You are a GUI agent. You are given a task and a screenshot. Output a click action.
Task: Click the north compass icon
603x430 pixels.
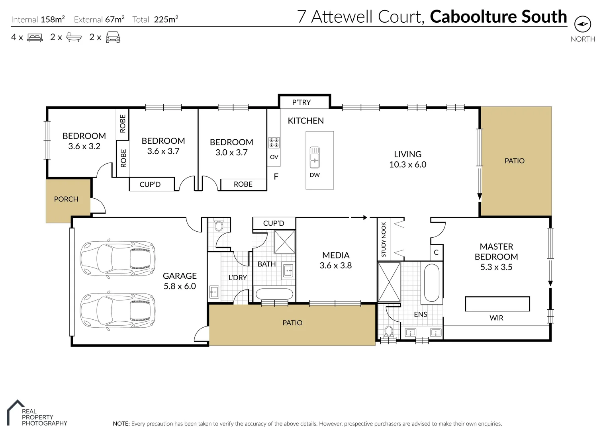click(582, 24)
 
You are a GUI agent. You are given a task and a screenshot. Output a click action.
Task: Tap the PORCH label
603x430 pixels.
click(66, 199)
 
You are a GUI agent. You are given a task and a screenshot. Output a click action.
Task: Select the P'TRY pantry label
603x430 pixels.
click(301, 102)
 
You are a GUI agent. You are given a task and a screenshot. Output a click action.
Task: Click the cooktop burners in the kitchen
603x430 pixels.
click(274, 143)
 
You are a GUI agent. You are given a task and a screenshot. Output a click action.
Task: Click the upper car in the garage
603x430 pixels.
click(117, 258)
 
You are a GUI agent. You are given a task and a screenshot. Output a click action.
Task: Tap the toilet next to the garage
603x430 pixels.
click(219, 226)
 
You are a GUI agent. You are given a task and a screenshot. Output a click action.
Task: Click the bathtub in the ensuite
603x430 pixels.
click(432, 282)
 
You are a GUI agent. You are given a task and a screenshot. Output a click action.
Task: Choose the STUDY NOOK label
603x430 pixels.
click(384, 239)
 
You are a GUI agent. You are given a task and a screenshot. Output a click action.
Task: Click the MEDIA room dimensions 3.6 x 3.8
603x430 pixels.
click(335, 266)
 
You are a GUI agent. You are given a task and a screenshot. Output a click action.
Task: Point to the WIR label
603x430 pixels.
click(496, 318)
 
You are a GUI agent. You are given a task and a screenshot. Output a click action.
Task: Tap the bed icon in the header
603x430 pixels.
click(35, 37)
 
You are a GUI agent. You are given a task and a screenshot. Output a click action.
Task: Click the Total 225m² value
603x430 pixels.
click(166, 19)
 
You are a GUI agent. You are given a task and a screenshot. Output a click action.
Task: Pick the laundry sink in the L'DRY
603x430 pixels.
click(214, 292)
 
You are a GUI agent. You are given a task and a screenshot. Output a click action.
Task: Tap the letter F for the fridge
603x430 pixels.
click(276, 176)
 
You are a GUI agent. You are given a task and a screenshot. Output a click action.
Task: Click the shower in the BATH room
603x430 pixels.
click(284, 242)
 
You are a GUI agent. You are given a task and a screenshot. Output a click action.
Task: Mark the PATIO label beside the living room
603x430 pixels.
click(514, 161)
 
